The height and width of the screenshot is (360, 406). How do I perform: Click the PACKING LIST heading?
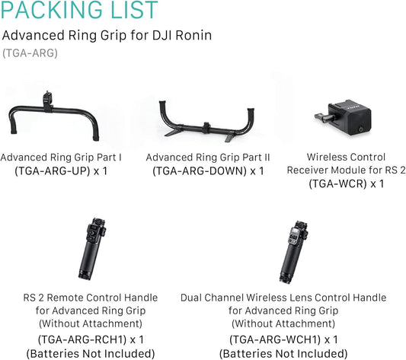(x=79, y=10)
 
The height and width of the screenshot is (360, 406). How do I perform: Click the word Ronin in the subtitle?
(x=193, y=35)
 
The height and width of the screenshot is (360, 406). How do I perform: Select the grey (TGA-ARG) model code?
(x=30, y=53)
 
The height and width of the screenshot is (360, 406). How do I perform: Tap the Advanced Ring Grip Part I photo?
(x=54, y=116)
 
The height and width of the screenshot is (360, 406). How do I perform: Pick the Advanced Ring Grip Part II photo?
(x=207, y=121)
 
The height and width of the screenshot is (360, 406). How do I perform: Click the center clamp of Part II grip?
(x=206, y=128)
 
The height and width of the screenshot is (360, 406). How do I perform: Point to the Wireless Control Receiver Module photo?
(x=343, y=118)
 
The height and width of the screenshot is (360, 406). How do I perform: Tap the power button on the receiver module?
(x=360, y=128)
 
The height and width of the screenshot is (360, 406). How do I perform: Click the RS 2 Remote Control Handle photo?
(x=93, y=248)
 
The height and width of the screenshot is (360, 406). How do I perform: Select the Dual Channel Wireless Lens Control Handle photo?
(x=293, y=252)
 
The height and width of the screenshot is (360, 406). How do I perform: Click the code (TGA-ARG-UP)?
(x=53, y=171)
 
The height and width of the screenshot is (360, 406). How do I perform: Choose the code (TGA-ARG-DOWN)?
(x=200, y=171)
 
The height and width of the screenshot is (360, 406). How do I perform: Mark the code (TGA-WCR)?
(x=338, y=184)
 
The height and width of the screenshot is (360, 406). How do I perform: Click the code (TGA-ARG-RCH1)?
(x=82, y=339)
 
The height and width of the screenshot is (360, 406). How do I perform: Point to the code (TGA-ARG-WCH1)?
(x=275, y=339)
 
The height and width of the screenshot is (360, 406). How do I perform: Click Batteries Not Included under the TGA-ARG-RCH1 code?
(x=91, y=353)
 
